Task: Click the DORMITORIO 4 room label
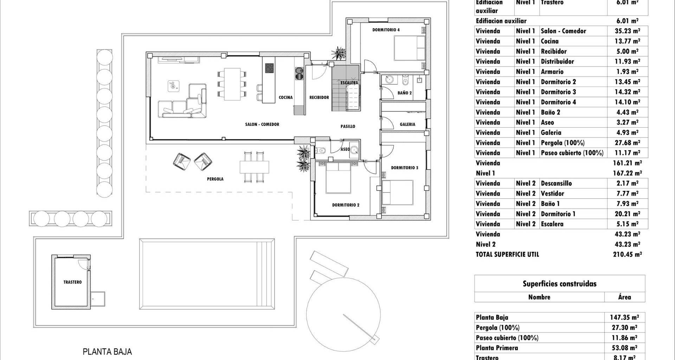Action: coord(386,30)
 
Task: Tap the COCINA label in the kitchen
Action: coord(285,98)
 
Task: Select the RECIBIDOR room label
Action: coord(319,98)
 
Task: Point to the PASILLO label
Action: coord(348,126)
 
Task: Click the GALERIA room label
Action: coord(407,124)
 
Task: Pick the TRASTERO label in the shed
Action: coord(72,282)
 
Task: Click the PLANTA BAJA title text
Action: coord(107,352)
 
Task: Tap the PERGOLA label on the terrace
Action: coord(215,179)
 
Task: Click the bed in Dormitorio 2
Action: coord(338,177)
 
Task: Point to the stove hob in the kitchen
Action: coord(270,68)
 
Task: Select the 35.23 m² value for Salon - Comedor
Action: coord(627,31)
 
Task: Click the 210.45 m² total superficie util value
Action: coord(627,255)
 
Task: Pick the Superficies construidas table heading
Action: coord(559,284)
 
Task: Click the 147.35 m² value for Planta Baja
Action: coord(624,317)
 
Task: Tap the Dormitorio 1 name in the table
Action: coord(558,214)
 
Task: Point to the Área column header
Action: coord(624,297)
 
